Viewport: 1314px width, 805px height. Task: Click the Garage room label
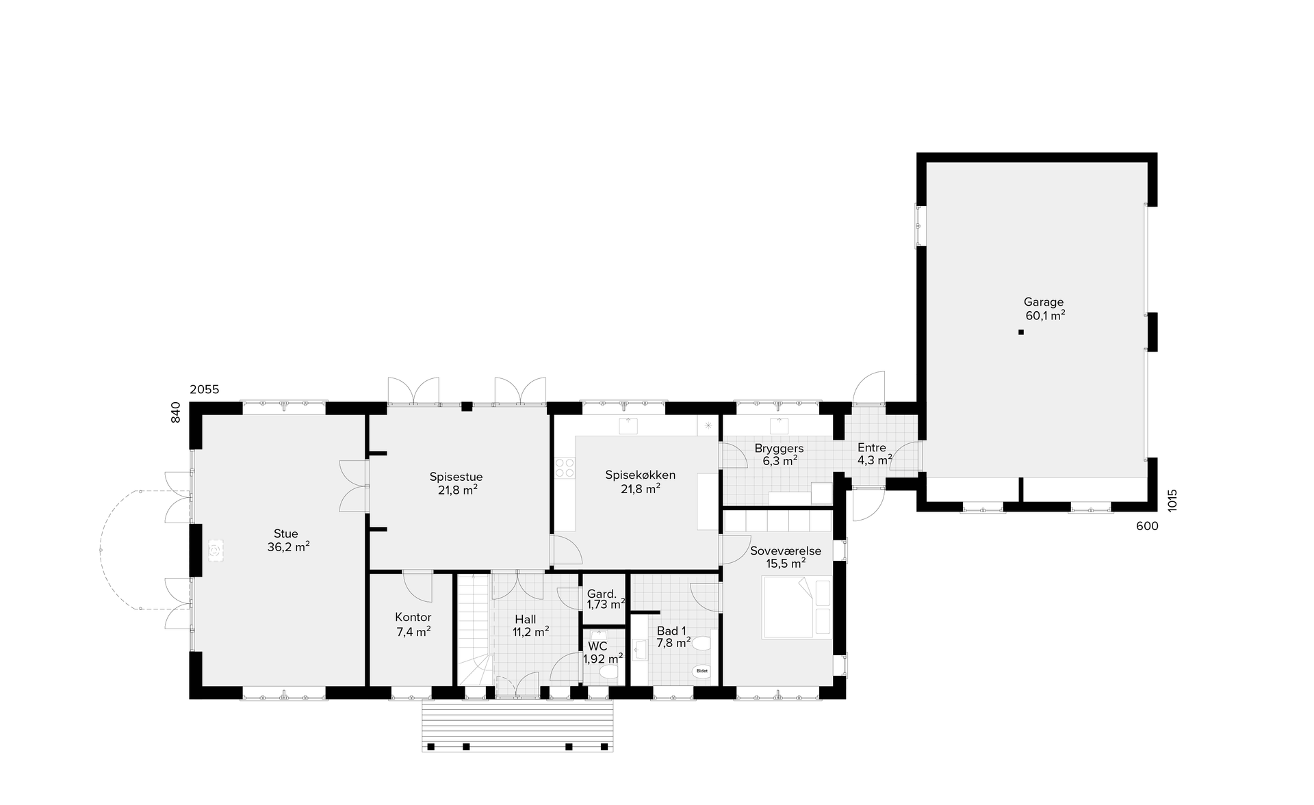click(1044, 302)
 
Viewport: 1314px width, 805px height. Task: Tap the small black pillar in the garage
click(1021, 332)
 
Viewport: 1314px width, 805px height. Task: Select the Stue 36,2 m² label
click(288, 540)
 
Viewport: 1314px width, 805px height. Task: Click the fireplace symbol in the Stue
click(216, 550)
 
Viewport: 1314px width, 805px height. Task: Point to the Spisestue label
click(456, 477)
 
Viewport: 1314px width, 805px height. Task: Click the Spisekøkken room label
click(641, 475)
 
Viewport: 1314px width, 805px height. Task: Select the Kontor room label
click(413, 618)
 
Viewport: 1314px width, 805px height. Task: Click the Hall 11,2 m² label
click(531, 626)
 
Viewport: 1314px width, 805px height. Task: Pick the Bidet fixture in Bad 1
click(701, 672)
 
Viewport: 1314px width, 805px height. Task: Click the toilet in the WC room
click(608, 674)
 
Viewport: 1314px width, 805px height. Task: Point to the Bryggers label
click(779, 449)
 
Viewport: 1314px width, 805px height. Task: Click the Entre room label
click(872, 448)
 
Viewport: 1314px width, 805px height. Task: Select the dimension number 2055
click(205, 390)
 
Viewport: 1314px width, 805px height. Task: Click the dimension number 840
click(176, 412)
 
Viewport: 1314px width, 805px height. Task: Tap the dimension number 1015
click(1172, 500)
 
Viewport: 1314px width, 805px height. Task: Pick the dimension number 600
click(1147, 526)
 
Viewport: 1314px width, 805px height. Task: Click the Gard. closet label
click(602, 594)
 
